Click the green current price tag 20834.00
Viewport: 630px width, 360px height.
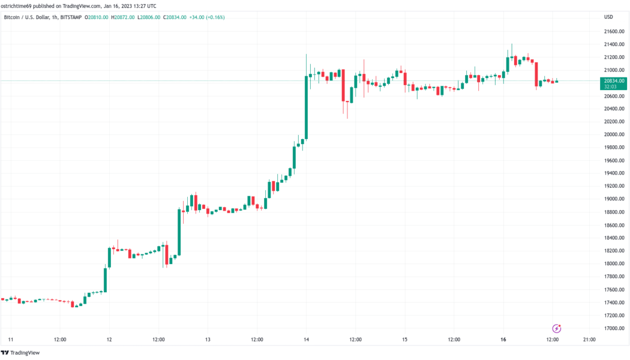pos(614,80)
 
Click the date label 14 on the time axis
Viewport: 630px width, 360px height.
pos(306,340)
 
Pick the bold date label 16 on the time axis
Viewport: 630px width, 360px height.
pos(503,340)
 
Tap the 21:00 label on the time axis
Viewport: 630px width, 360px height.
pos(589,340)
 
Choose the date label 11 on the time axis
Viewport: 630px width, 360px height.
pos(10,340)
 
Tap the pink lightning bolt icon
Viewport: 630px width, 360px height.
pos(556,328)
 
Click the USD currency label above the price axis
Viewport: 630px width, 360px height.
pos(609,17)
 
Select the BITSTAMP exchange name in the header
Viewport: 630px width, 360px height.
pos(71,17)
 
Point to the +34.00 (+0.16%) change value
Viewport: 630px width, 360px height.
pos(207,17)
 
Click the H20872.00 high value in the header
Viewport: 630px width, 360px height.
pos(122,17)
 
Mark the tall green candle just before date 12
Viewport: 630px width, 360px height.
pos(106,280)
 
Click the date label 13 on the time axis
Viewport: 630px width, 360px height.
pos(208,340)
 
